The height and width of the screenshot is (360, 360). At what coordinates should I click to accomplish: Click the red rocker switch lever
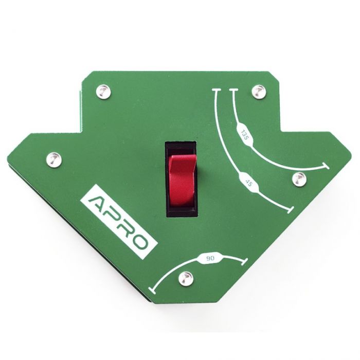(x=182, y=179)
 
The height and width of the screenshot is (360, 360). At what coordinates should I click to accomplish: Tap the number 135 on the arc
(x=244, y=135)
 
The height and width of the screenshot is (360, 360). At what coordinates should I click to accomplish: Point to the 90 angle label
(x=210, y=259)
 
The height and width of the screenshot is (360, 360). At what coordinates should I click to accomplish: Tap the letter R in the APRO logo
(x=125, y=228)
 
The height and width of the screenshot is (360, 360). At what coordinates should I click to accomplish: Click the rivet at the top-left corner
(x=103, y=92)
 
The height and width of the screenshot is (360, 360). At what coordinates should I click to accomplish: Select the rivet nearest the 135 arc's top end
(x=259, y=92)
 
